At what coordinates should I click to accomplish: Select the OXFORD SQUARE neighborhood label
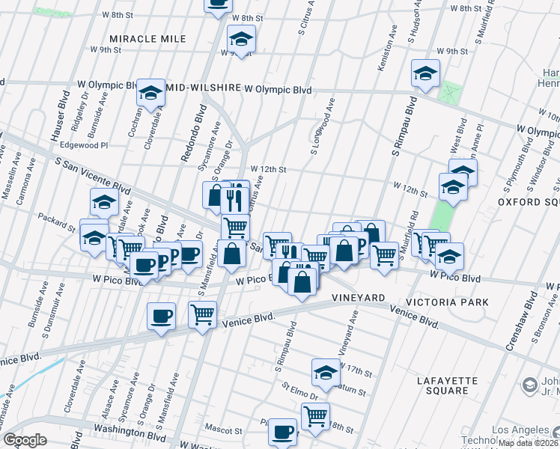click(529, 202)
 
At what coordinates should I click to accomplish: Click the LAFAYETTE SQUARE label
click(447, 385)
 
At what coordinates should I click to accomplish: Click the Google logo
click(25, 440)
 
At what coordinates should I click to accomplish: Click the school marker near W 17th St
click(326, 371)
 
